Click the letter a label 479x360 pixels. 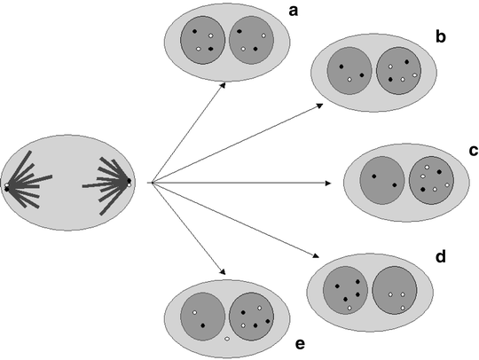[293, 10]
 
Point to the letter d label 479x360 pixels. [440, 258]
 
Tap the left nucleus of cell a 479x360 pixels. [203, 41]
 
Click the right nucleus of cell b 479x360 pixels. [398, 72]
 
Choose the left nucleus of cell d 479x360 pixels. [347, 288]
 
